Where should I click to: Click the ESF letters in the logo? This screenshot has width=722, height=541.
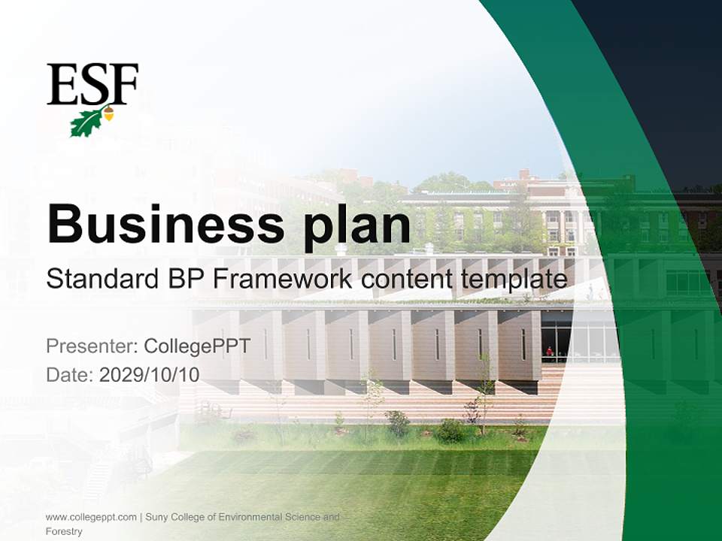92,84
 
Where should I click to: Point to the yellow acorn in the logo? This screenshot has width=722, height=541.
108,113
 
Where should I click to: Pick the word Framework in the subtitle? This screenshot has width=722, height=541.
283,280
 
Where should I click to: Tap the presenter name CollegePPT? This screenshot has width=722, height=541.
196,346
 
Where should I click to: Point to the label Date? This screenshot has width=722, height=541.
69,374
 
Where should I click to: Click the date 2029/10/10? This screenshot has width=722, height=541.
150,374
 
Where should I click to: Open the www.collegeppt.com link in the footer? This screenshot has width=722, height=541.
91,517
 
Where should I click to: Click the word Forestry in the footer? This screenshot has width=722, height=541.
63,531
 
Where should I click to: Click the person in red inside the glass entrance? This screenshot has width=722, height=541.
550,351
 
